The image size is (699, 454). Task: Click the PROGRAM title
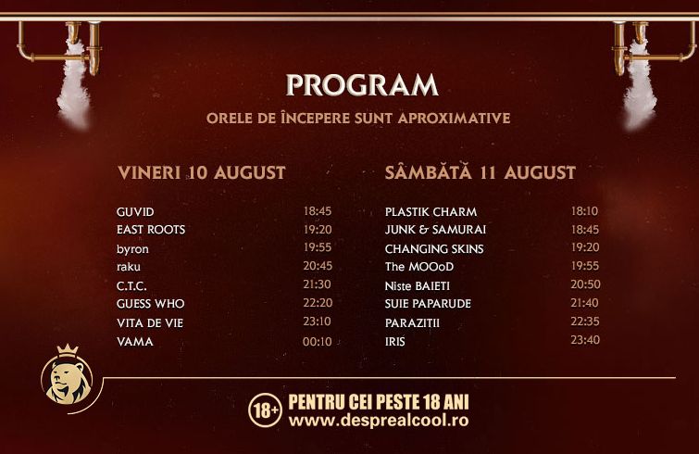(x=362, y=84)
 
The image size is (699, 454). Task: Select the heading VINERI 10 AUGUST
(x=202, y=172)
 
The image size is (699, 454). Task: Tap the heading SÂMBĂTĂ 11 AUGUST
(x=481, y=171)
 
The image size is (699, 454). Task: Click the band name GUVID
(x=135, y=212)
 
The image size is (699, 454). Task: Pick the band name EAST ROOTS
(x=151, y=230)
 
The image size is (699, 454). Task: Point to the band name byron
(x=132, y=249)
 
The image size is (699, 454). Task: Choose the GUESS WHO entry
(x=150, y=304)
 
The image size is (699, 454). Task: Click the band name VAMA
(x=134, y=342)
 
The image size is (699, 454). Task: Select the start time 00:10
(x=317, y=342)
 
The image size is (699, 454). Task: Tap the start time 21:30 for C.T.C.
(x=317, y=284)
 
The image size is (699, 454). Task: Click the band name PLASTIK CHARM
(x=431, y=212)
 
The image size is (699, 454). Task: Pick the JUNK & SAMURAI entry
(x=435, y=230)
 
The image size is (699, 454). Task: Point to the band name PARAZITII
(x=412, y=322)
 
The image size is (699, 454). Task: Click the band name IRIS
(x=395, y=342)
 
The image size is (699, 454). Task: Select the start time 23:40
(x=585, y=340)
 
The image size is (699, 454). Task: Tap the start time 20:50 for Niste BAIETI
(x=585, y=284)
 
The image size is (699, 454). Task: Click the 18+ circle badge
(x=265, y=410)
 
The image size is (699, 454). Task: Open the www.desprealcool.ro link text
(x=379, y=421)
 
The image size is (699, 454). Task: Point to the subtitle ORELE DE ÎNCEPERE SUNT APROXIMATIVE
(x=358, y=119)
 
